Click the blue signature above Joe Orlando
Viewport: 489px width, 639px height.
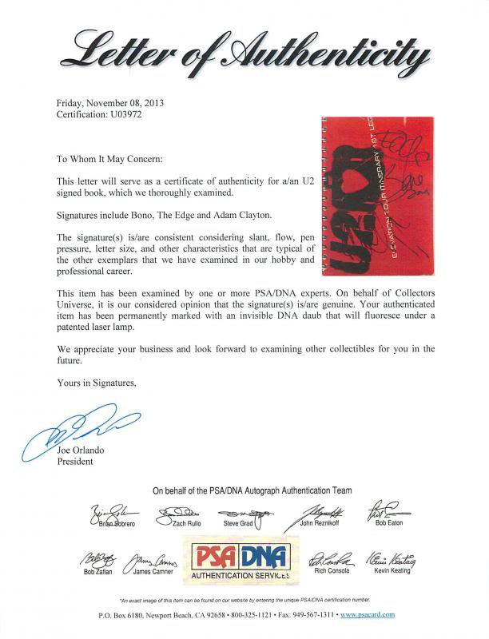tap(80, 431)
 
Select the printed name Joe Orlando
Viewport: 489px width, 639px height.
tap(81, 451)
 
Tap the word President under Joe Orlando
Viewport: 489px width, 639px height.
tap(75, 462)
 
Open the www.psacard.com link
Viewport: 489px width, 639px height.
tap(368, 615)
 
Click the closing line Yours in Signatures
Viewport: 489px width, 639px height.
tap(97, 383)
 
